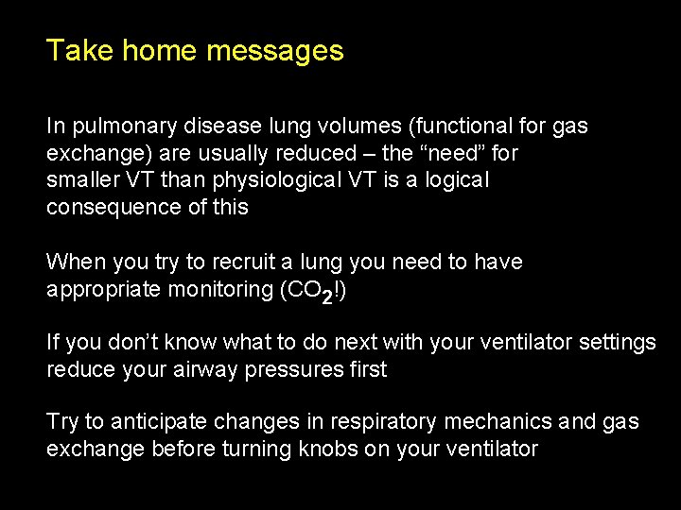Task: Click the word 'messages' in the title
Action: tap(274, 51)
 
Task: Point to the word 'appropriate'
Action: tap(101, 289)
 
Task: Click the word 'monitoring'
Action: tap(218, 289)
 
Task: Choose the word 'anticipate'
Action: tap(146, 423)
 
